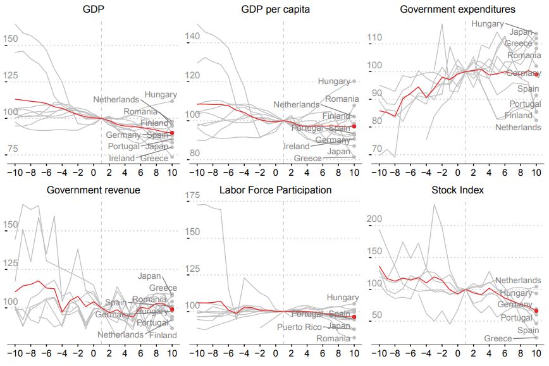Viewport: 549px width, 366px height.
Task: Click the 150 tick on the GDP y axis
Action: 11,39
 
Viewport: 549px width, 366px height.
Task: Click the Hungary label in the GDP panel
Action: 161,95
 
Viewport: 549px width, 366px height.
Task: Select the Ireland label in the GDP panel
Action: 121,158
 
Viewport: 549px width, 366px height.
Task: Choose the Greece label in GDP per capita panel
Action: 308,158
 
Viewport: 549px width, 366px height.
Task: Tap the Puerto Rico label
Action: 299,327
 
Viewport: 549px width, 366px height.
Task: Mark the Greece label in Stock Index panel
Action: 498,338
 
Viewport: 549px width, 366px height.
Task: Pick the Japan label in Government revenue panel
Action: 151,276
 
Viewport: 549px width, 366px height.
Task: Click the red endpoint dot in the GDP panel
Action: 172,133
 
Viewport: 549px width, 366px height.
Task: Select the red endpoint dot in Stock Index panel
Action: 536,310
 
